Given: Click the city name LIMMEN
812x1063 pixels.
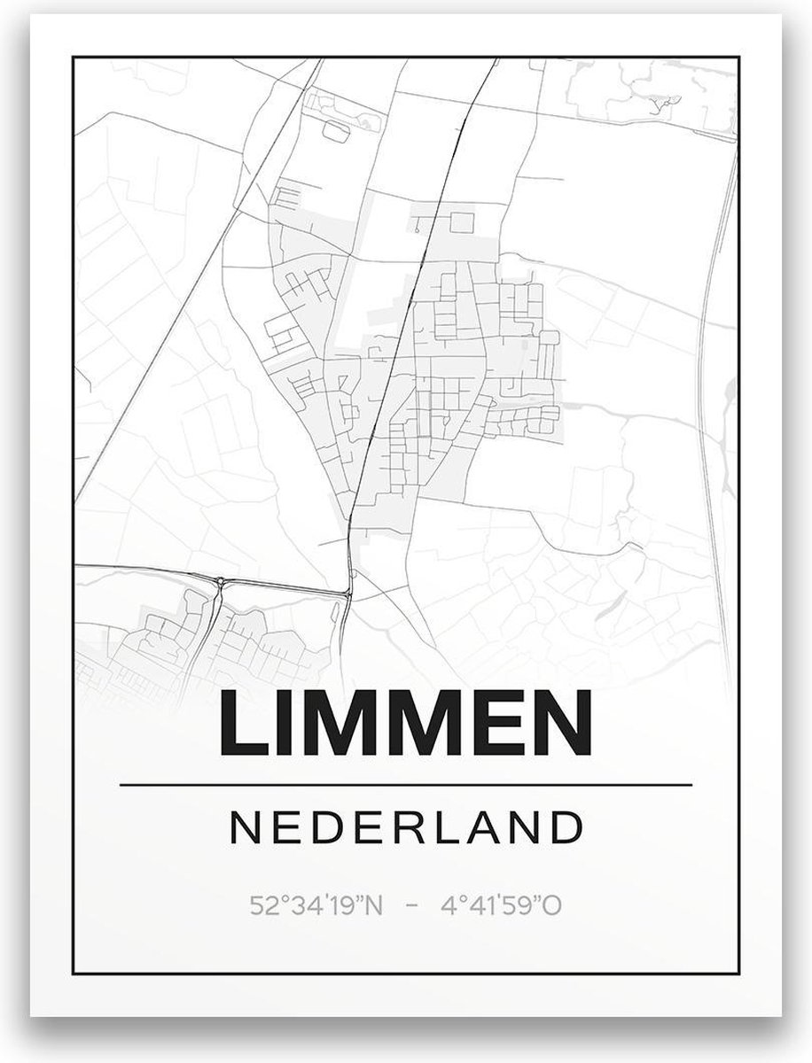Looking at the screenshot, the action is click(x=405, y=724).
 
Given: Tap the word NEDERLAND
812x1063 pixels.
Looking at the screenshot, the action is click(x=406, y=828).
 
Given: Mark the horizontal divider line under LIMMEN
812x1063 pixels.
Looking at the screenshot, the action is click(x=405, y=785).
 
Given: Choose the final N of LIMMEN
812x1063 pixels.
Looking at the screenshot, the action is click(x=562, y=724).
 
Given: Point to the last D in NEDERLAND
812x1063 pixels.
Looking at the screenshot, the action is click(x=568, y=828).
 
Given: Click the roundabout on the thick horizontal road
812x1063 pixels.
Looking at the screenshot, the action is click(x=220, y=581).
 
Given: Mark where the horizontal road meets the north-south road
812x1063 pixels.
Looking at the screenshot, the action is click(x=347, y=592).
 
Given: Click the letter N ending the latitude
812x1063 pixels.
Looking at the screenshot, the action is click(x=374, y=907).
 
